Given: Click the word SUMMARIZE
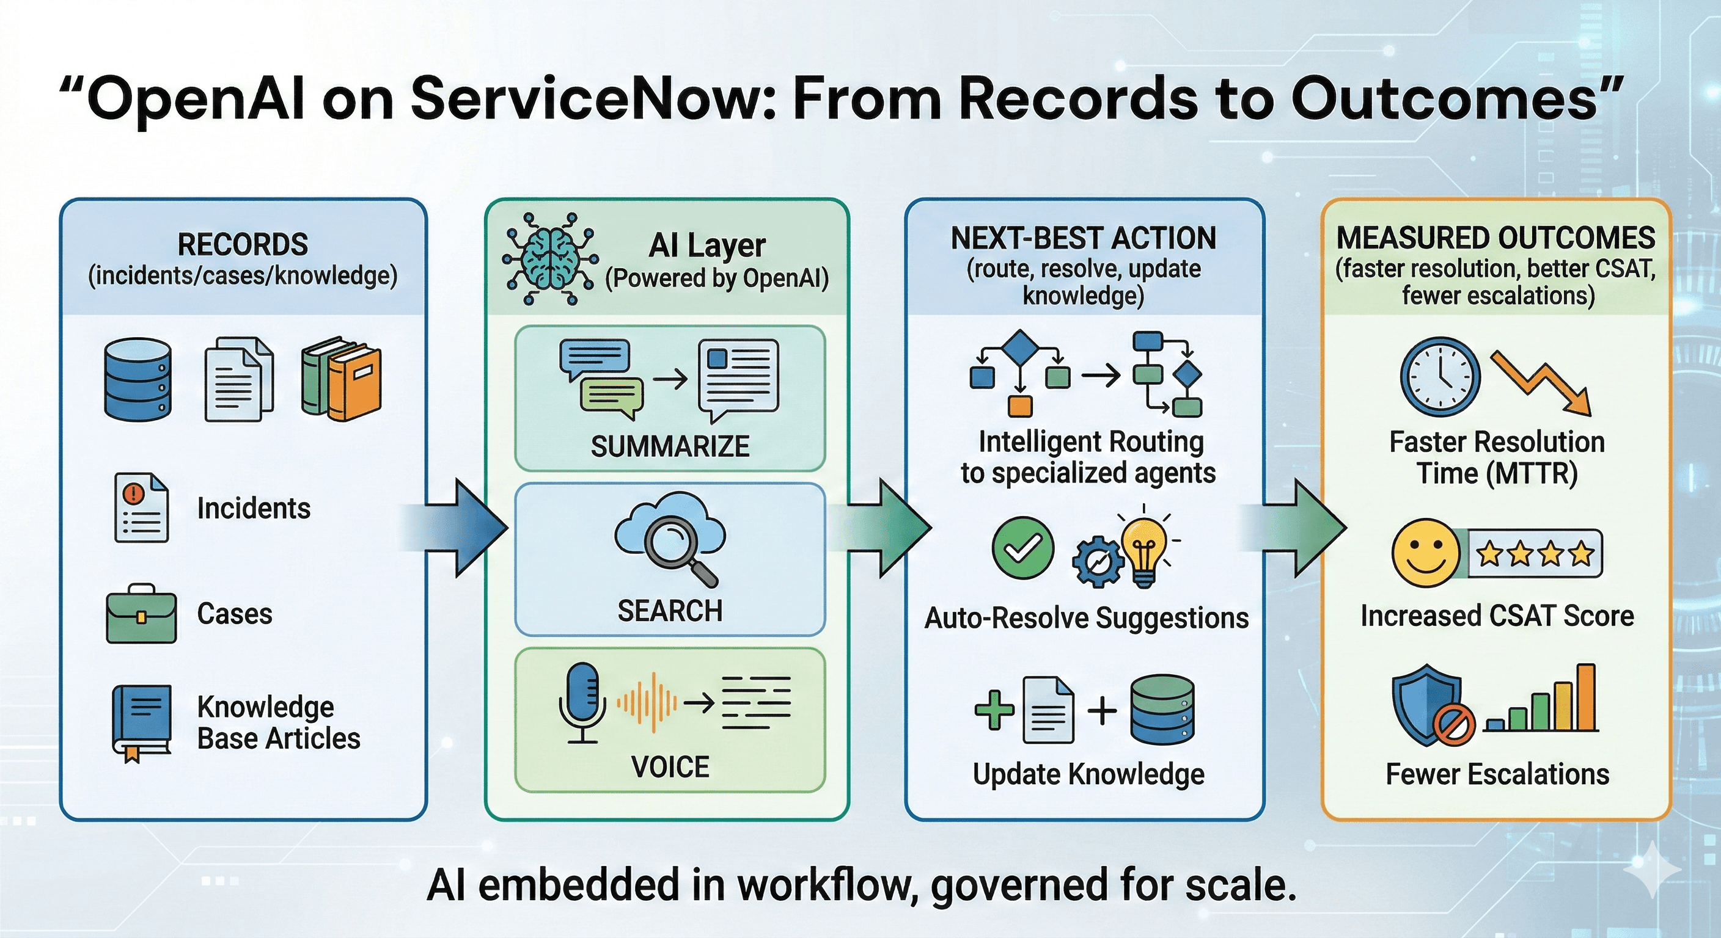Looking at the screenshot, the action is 670,446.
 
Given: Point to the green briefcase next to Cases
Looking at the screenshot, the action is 141,614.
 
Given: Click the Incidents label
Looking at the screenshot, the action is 254,509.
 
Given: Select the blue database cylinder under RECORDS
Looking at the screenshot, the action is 138,379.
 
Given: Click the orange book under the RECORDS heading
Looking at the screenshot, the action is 354,385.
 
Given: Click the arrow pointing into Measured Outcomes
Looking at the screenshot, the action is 1293,528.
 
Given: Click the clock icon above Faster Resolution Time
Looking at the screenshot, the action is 1440,377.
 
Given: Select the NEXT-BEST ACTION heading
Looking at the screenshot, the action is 1084,238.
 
